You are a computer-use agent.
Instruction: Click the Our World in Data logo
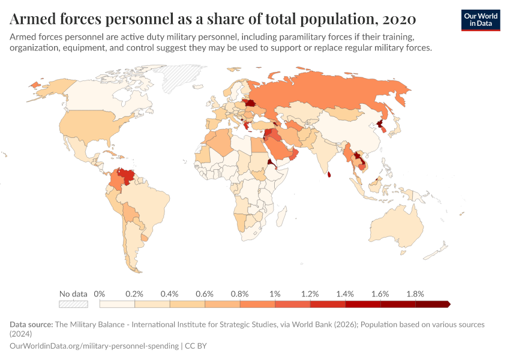coord(480,19)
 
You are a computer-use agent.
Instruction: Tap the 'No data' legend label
coord(73,294)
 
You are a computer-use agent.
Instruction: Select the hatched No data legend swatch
coord(73,304)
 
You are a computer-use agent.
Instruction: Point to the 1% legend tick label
coord(275,294)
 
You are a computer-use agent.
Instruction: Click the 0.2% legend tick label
coord(134,294)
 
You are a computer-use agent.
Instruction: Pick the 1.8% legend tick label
coord(415,294)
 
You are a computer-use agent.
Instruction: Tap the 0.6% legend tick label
coord(205,294)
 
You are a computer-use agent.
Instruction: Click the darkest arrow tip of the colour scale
coord(448,304)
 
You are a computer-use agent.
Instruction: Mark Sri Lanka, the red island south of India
coord(329,175)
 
